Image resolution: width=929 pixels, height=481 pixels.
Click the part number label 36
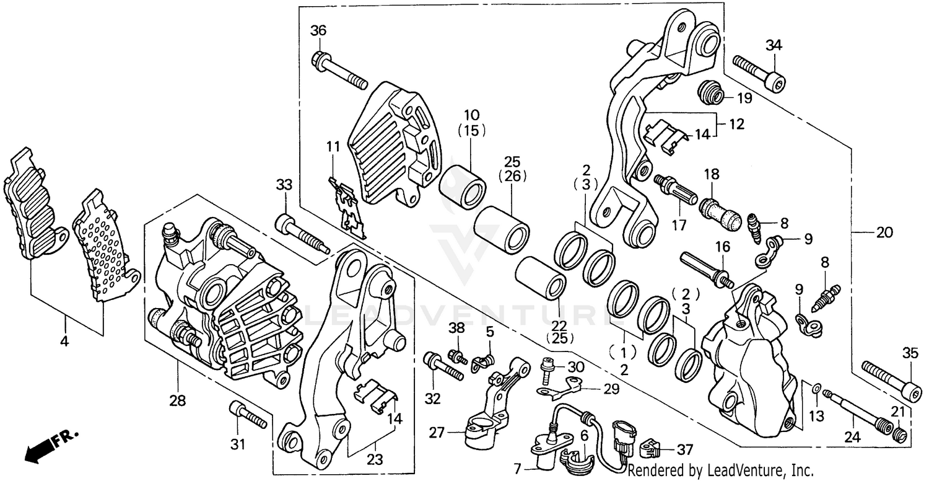point(318,31)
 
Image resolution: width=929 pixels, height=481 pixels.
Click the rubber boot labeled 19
point(710,94)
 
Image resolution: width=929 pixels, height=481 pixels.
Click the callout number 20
point(884,234)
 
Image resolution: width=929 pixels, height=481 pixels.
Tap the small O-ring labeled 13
point(817,389)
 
